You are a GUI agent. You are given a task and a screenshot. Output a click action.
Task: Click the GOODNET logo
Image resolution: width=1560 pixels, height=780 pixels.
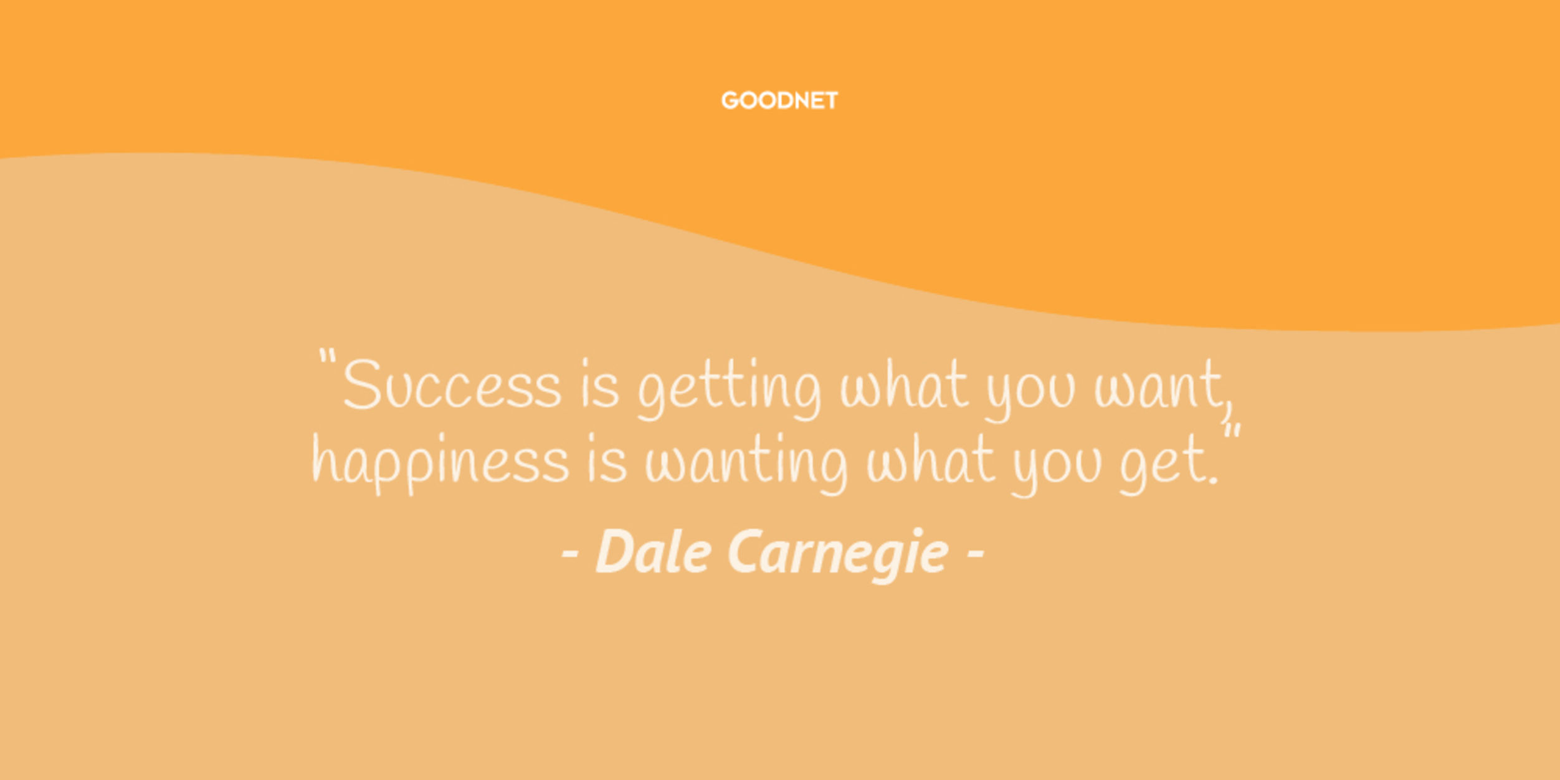tap(779, 100)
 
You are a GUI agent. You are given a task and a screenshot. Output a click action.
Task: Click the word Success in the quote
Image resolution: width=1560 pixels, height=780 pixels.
tap(452, 384)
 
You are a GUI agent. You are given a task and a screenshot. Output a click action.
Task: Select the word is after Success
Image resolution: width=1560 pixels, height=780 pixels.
tap(600, 384)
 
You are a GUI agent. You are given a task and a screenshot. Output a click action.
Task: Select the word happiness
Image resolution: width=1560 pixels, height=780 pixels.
tap(440, 464)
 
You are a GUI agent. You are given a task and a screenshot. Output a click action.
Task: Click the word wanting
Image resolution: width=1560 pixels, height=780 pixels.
tap(746, 464)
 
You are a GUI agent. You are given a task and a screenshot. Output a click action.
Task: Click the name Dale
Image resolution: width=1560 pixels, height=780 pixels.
tap(654, 551)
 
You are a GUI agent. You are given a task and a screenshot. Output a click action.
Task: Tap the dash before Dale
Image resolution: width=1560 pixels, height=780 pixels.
tap(571, 553)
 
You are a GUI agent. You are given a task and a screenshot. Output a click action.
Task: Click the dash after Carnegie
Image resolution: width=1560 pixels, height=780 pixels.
tap(975, 553)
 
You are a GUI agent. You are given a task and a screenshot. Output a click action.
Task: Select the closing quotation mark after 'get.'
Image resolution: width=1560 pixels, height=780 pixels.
tap(1232, 434)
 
